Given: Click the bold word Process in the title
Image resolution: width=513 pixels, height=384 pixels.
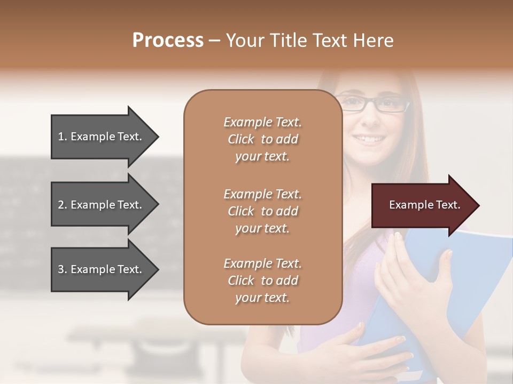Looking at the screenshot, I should coord(168,41).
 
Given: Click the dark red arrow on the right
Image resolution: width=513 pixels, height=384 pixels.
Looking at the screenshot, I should coord(422,205).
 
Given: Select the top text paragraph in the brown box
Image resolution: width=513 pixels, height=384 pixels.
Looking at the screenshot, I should coord(262,139).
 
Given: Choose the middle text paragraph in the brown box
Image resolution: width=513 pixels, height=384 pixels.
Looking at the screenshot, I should coord(262,211).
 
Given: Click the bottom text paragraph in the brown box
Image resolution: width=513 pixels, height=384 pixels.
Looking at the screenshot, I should coord(262,281).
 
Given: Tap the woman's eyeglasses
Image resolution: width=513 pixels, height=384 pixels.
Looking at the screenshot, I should coord(374,103).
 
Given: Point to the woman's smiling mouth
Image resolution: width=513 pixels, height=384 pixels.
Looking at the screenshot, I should coord(370,139).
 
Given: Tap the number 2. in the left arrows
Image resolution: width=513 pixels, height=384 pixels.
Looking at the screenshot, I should coord(63,205).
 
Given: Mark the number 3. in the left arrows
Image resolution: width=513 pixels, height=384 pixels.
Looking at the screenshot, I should coord(63,269).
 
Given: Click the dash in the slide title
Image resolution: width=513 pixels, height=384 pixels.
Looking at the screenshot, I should coord(214,41).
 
